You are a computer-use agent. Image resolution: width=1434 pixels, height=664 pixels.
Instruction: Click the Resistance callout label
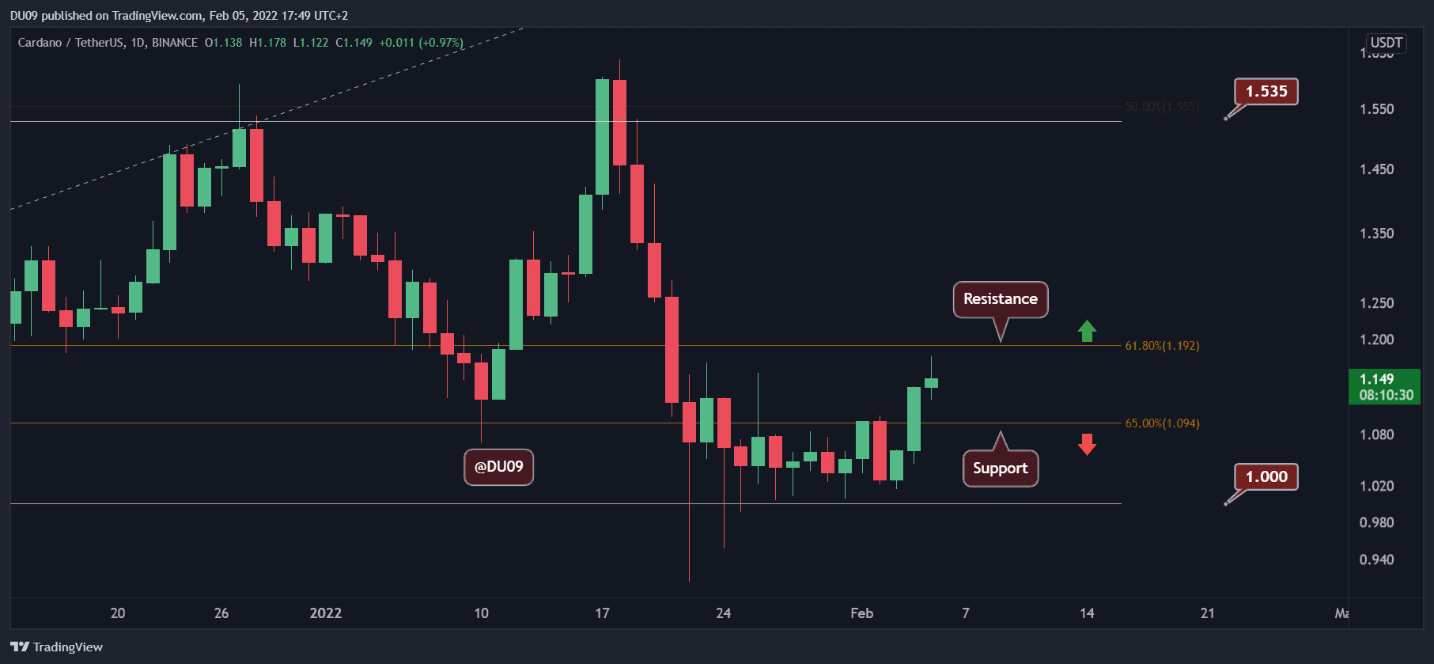tap(1000, 299)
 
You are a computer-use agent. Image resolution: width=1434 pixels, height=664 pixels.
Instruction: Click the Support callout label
tap(1000, 469)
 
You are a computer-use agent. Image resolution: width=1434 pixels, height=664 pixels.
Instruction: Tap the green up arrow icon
tap(1087, 331)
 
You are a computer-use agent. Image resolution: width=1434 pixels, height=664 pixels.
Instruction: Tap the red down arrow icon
tap(1087, 444)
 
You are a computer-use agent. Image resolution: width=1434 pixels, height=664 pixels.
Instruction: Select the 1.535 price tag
tap(1266, 92)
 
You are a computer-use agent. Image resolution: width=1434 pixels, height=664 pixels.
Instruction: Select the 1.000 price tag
tap(1266, 477)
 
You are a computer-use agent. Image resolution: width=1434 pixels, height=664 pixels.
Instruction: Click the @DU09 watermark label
tap(498, 467)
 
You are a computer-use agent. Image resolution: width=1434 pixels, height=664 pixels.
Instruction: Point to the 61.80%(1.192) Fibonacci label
tap(1162, 346)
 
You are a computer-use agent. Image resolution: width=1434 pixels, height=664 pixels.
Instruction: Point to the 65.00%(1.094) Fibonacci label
tap(1162, 423)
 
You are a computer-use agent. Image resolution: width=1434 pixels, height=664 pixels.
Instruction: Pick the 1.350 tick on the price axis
tap(1376, 233)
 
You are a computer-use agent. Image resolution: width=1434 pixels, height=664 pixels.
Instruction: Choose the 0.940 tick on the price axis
tap(1376, 560)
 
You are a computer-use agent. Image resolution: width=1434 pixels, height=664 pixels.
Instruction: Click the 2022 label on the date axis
tap(326, 613)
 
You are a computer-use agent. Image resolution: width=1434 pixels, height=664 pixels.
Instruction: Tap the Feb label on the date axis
tap(861, 613)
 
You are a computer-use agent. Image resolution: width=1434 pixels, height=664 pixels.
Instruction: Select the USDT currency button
tap(1386, 43)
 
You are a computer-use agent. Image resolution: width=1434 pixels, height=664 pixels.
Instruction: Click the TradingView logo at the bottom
tap(57, 647)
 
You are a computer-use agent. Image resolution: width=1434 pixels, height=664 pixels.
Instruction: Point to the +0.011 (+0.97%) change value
tap(421, 43)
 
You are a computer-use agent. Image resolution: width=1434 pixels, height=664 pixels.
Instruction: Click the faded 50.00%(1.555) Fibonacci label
tap(1162, 107)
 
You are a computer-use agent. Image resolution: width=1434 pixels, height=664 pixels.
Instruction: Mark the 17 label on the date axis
tap(602, 613)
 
